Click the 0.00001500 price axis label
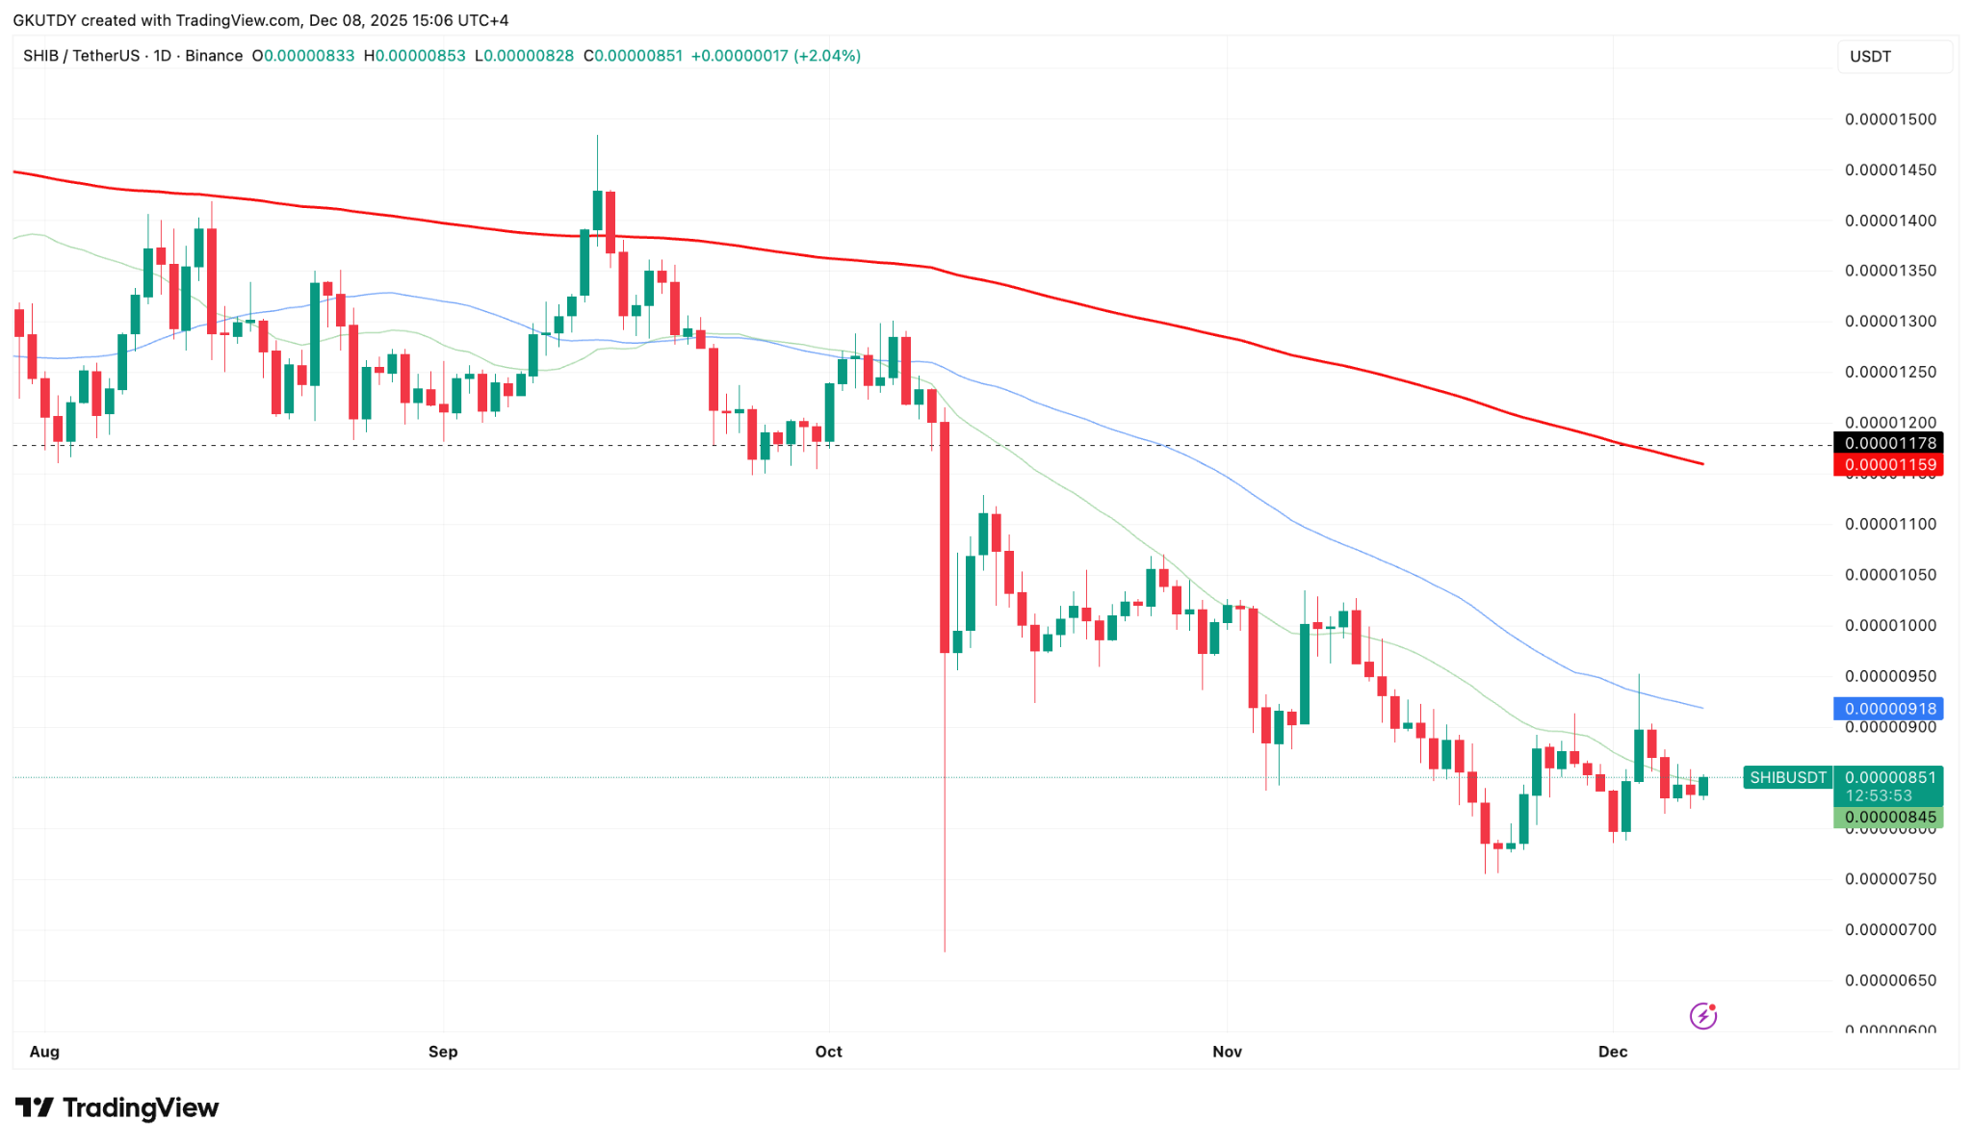[x=1890, y=119]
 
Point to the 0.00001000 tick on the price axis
[x=1890, y=626]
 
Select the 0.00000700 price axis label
[x=1890, y=930]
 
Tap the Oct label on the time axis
[x=828, y=1052]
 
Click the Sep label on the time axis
[x=443, y=1052]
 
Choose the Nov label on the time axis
[x=1227, y=1052]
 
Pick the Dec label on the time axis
[x=1613, y=1052]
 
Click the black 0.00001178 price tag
[x=1888, y=443]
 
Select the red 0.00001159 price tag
[x=1888, y=465]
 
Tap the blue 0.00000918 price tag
[x=1888, y=709]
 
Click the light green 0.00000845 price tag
[x=1888, y=818]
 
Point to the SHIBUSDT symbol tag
[x=1788, y=777]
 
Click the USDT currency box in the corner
[x=1893, y=57]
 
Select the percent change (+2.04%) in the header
[x=826, y=56]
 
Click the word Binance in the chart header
[x=214, y=56]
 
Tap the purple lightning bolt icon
[x=1702, y=1016]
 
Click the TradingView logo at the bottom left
[x=117, y=1107]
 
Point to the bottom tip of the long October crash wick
[x=945, y=951]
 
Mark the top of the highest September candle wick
[x=597, y=136]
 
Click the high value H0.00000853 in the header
[x=415, y=56]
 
